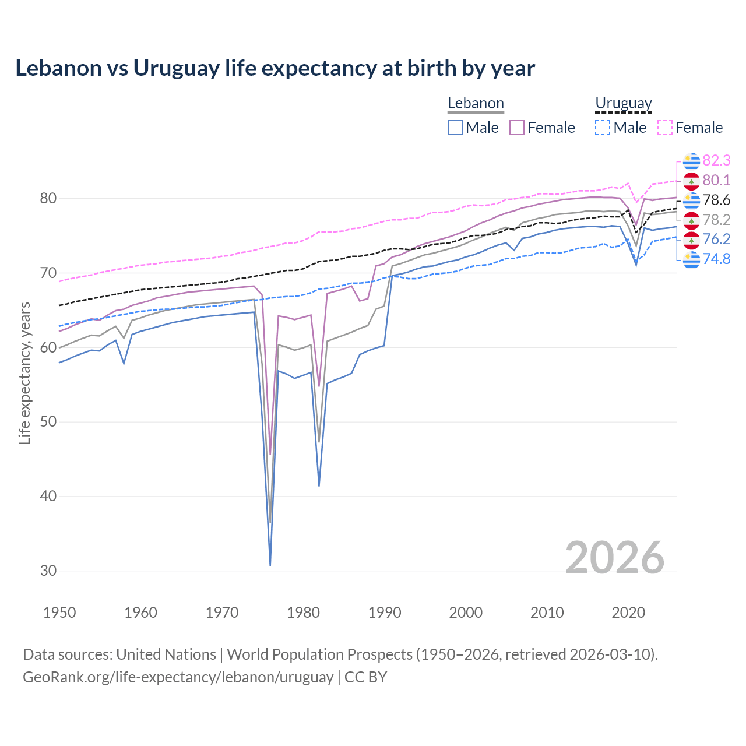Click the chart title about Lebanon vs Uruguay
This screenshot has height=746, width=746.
point(275,68)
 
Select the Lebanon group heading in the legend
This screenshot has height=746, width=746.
point(476,104)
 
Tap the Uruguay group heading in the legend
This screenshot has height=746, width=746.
point(623,104)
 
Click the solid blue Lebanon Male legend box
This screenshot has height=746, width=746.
point(455,128)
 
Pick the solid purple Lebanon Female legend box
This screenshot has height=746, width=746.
point(517,128)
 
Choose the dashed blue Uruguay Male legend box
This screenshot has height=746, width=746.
point(603,128)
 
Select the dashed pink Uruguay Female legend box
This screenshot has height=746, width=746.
point(665,128)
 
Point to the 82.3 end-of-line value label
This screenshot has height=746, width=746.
point(716,160)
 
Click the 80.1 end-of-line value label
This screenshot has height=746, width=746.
point(716,180)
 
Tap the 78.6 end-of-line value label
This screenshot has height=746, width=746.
point(716,200)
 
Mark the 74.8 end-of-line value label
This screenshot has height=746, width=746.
point(716,259)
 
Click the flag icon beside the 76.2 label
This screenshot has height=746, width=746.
point(691,240)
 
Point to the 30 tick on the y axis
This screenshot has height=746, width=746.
point(48,571)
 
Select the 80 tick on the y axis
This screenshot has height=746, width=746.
point(48,198)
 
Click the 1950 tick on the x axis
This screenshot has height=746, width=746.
point(59,613)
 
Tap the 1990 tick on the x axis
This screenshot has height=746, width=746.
point(385,613)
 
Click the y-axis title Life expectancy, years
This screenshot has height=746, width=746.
point(25,373)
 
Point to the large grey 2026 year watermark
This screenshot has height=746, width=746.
point(614,558)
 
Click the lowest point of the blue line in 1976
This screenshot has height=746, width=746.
point(270,565)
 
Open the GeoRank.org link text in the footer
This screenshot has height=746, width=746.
point(178,677)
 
